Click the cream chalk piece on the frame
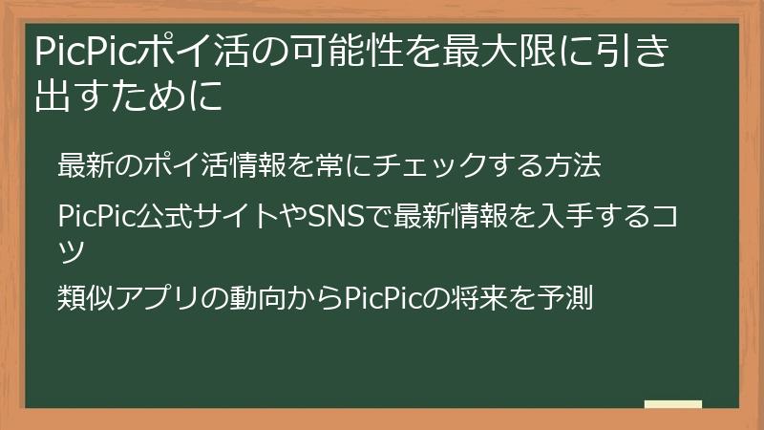click(672, 404)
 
